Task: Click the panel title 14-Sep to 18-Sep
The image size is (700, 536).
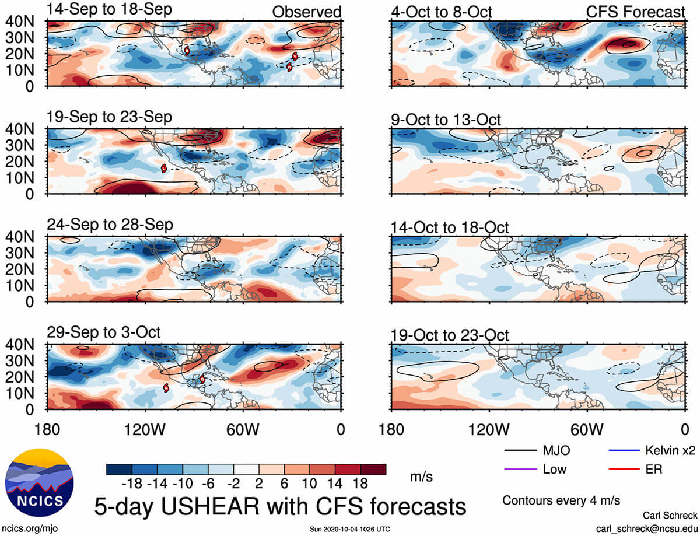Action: click(109, 10)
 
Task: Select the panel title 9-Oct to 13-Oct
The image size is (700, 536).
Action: click(446, 120)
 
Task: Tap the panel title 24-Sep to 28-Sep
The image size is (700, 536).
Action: click(110, 225)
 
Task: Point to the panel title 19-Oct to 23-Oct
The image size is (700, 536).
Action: click(450, 335)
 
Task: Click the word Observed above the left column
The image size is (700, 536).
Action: click(307, 12)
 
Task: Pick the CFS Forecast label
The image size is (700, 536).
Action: click(635, 12)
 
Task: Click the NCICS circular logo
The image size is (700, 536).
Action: click(39, 482)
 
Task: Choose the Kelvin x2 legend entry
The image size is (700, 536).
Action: click(652, 450)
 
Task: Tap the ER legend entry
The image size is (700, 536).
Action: click(635, 469)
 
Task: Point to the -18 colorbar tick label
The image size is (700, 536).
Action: click(132, 483)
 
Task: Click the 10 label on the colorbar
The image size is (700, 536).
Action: click(309, 483)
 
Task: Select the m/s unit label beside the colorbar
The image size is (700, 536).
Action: click(421, 477)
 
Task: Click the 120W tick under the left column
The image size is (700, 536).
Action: click(145, 430)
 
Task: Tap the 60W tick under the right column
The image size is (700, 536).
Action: click(587, 430)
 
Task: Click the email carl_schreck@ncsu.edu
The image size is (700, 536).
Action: click(647, 529)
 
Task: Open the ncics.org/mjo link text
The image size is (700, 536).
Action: click(30, 528)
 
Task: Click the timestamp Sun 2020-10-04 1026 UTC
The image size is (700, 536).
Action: click(350, 529)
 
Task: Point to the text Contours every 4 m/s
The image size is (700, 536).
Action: click(561, 500)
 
